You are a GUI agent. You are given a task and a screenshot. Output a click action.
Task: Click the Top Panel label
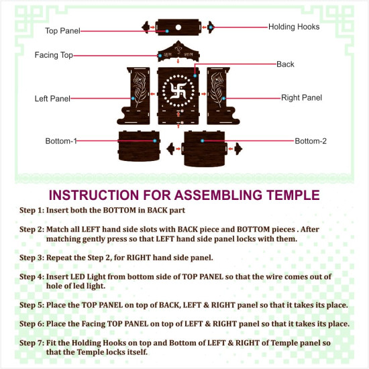click(x=62, y=31)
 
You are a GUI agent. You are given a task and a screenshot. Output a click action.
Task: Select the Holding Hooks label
click(x=294, y=27)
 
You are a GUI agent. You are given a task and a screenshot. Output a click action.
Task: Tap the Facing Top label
click(x=54, y=55)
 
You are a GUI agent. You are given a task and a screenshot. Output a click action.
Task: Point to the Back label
click(x=285, y=64)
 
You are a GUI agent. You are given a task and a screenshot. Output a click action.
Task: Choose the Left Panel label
click(x=52, y=99)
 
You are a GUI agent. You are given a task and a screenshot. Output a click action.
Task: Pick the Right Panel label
click(x=301, y=98)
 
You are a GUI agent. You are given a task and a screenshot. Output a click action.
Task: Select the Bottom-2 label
click(x=311, y=141)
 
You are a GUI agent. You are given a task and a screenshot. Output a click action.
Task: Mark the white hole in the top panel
click(x=179, y=28)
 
